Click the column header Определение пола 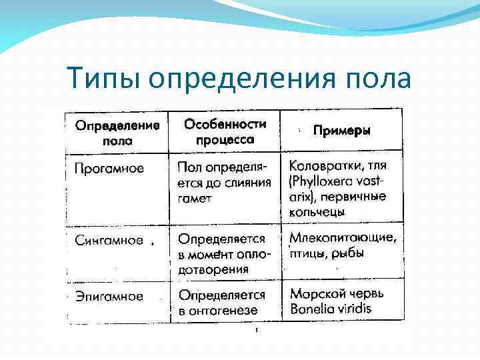tap(117, 133)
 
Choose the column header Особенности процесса tap(225, 131)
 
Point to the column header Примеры tap(342, 131)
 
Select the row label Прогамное tap(109, 169)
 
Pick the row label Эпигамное tap(108, 296)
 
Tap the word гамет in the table tap(194, 198)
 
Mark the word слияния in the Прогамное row tap(247, 183)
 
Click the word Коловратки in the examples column tap(322, 165)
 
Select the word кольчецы tap(317, 212)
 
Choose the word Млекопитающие tap(343, 237)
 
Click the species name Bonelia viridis tap(330, 309)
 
